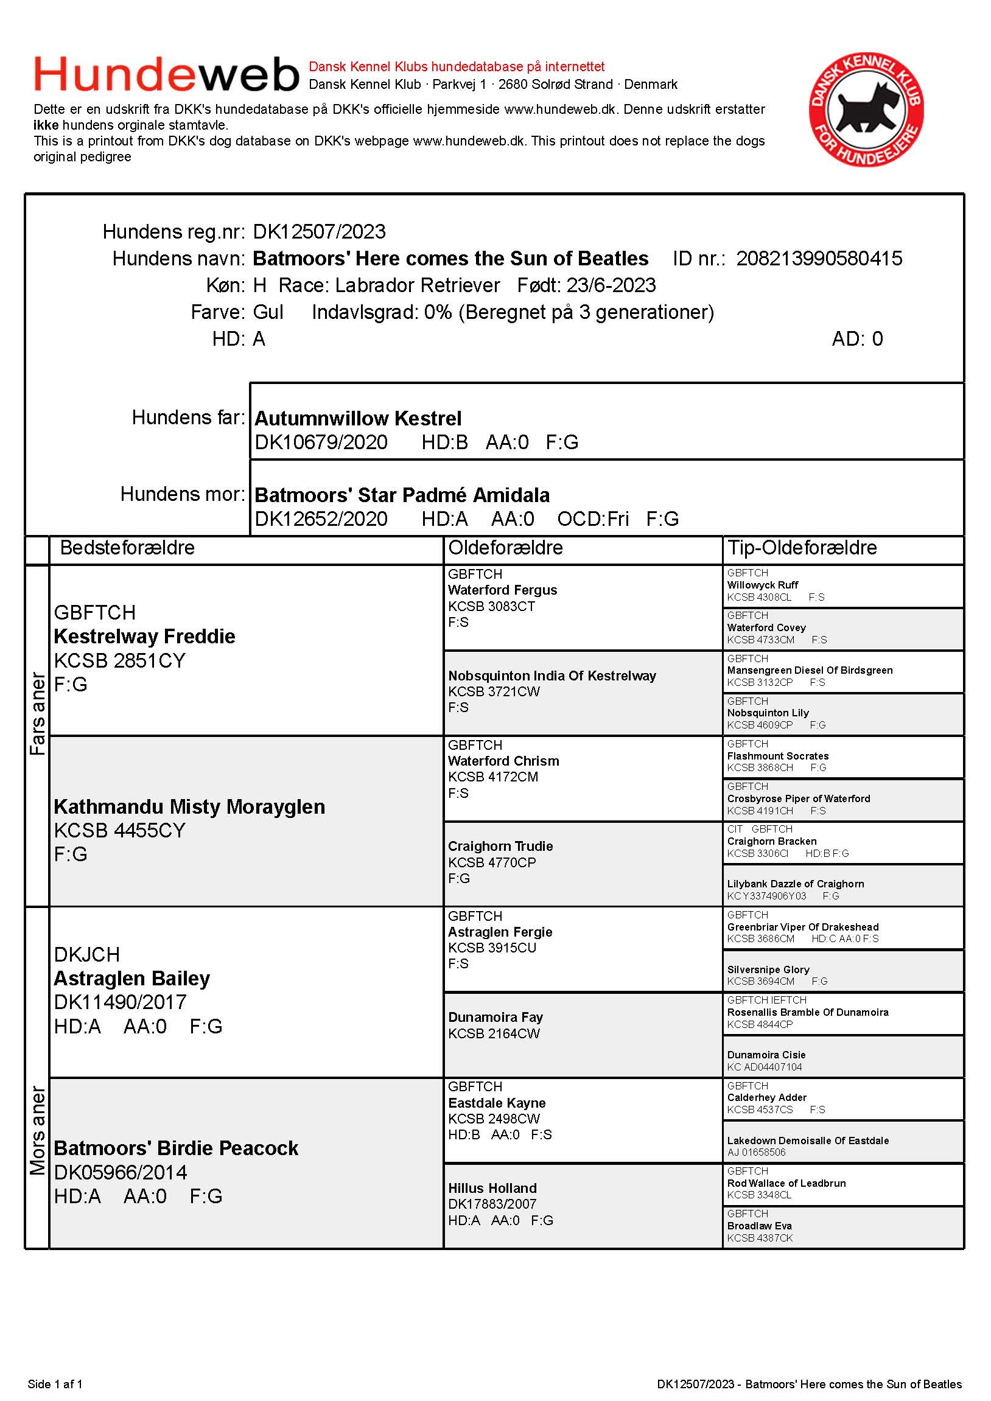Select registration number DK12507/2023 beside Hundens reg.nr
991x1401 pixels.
click(319, 232)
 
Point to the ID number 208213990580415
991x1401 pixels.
click(819, 259)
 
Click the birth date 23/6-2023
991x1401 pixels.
click(611, 285)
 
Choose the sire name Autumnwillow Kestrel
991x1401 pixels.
click(357, 419)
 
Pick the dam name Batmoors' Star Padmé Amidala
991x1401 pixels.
click(402, 495)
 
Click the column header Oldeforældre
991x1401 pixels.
click(505, 548)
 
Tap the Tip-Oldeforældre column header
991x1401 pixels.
click(801, 548)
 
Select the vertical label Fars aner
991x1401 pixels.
click(38, 713)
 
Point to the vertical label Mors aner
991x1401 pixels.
click(38, 1130)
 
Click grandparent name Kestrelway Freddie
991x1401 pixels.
click(145, 637)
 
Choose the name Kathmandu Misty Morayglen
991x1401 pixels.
click(189, 806)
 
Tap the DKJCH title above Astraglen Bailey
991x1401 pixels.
click(86, 954)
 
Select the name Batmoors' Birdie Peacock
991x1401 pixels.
click(176, 1148)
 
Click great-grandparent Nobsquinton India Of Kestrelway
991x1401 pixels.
click(552, 676)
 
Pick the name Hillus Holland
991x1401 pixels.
click(492, 1188)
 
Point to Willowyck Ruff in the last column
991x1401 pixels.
click(762, 585)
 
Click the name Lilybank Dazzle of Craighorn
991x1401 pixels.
click(795, 884)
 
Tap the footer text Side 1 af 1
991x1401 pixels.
click(55, 1384)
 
